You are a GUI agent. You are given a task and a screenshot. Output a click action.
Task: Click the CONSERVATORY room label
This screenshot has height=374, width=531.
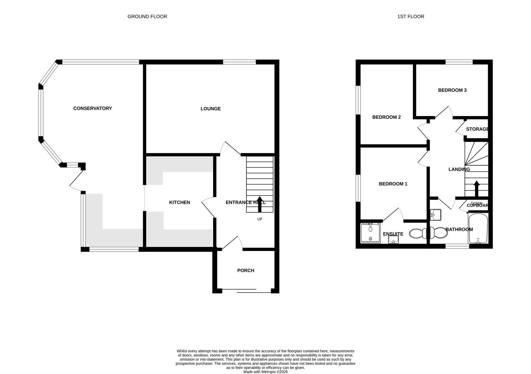(92, 108)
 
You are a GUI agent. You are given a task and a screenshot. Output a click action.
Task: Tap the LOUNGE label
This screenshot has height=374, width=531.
(210, 109)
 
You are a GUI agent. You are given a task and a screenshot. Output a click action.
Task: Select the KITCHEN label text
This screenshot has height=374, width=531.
(179, 203)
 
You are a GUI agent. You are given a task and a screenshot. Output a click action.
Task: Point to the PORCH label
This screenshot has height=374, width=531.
(245, 270)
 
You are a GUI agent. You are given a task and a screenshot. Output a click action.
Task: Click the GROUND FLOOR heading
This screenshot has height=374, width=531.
(147, 16)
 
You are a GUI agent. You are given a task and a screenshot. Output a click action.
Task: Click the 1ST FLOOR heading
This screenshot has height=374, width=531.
(411, 16)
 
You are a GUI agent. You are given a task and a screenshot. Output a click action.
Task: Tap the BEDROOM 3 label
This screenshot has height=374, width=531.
(452, 90)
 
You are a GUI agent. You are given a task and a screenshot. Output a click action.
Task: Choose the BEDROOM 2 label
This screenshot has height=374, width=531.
(386, 117)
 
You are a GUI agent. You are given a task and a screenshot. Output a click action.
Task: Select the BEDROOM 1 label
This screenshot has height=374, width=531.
(393, 184)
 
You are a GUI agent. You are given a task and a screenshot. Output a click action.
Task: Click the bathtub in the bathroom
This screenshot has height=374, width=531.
(478, 229)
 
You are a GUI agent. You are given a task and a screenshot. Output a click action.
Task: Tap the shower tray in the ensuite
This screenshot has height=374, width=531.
(370, 233)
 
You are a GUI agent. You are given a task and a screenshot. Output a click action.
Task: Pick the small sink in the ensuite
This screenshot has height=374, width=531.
(393, 240)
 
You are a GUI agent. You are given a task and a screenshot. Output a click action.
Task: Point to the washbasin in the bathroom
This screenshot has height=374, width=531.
(435, 215)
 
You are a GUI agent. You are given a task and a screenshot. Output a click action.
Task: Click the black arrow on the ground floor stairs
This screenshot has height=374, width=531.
(259, 204)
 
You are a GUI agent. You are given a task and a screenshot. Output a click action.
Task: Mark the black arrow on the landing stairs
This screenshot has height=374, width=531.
(476, 188)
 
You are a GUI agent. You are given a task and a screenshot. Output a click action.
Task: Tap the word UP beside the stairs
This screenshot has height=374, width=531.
(260, 219)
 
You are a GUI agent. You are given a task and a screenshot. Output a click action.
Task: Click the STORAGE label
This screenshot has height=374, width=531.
(477, 129)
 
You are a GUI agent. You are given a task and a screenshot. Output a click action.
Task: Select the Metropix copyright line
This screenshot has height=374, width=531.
(265, 372)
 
